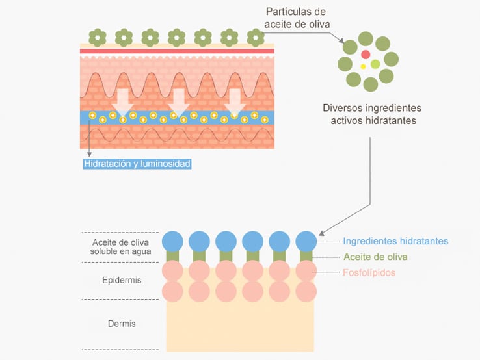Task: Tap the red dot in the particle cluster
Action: tap(366, 54)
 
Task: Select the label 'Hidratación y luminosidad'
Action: tap(137, 164)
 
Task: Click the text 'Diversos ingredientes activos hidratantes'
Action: tap(372, 114)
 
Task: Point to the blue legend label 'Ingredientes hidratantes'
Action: tap(395, 241)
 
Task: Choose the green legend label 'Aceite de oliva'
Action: tap(375, 257)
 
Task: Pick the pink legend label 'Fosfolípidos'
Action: tap(369, 272)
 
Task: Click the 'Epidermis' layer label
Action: tap(122, 280)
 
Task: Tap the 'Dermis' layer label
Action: tap(122, 323)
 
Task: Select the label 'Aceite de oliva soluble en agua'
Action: tap(121, 247)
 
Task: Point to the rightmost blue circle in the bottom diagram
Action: tap(306, 241)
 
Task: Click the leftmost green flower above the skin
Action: tap(98, 37)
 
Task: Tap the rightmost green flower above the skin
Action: tap(256, 37)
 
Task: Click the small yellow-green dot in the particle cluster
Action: tap(375, 64)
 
